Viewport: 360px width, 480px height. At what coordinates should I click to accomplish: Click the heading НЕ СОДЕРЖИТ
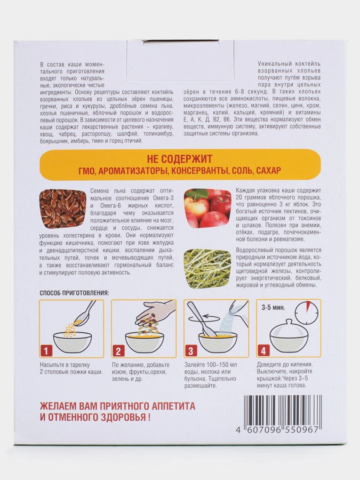pyautogui.click(x=179, y=159)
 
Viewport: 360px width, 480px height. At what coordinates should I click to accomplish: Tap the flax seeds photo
pyautogui.click(x=62, y=208)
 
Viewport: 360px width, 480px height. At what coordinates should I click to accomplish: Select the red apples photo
pyautogui.click(x=207, y=208)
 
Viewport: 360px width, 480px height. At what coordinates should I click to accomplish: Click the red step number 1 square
pyautogui.click(x=46, y=350)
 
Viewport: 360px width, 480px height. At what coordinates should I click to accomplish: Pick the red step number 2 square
pyautogui.click(x=118, y=350)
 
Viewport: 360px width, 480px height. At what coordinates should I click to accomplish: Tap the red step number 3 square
pyautogui.click(x=190, y=350)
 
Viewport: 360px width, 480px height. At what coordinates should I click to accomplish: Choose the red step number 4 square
pyautogui.click(x=263, y=350)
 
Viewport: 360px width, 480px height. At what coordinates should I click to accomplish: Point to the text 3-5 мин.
pyautogui.click(x=274, y=307)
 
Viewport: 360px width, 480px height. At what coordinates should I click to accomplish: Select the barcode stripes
pyautogui.click(x=282, y=410)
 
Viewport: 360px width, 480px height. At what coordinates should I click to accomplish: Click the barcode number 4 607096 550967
pyautogui.click(x=278, y=429)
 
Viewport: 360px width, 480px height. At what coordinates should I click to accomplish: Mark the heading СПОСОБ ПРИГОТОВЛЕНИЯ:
pyautogui.click(x=74, y=293)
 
